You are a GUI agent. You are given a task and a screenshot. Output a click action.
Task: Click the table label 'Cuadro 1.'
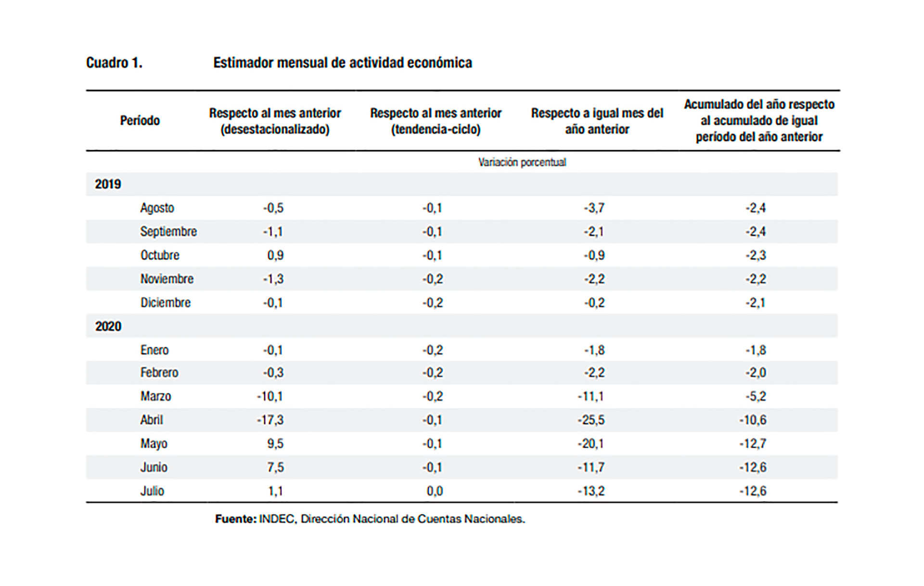(114, 63)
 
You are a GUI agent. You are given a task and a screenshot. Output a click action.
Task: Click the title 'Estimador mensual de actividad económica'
(343, 63)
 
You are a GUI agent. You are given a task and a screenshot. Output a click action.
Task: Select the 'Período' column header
(140, 120)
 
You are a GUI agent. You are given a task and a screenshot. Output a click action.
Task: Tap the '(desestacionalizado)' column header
(275, 129)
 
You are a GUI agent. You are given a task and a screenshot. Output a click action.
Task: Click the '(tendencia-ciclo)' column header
(436, 129)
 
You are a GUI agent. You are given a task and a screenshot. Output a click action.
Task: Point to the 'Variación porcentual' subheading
(522, 162)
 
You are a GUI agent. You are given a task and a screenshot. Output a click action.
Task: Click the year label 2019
(108, 184)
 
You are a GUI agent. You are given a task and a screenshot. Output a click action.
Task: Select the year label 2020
(108, 326)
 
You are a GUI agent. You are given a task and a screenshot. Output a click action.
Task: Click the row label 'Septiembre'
(168, 231)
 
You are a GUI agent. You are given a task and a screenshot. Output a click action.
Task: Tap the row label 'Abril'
(152, 420)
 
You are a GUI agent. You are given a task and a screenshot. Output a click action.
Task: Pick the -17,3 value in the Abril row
(270, 420)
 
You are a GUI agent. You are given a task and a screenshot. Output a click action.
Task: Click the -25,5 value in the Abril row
(591, 420)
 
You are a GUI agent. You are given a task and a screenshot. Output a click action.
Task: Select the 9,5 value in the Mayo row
(275, 444)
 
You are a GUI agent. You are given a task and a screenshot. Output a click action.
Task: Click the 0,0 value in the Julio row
(435, 491)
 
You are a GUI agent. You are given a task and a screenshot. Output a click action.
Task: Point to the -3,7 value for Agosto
(594, 208)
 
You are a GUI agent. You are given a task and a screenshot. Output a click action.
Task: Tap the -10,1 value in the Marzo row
(270, 396)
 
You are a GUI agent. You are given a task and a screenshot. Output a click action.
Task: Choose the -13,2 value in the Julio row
(591, 491)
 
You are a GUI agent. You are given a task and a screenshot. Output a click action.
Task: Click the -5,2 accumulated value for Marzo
(756, 396)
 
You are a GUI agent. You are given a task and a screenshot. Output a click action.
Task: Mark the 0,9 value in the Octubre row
(275, 255)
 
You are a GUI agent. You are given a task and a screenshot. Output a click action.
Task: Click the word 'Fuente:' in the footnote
(236, 519)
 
